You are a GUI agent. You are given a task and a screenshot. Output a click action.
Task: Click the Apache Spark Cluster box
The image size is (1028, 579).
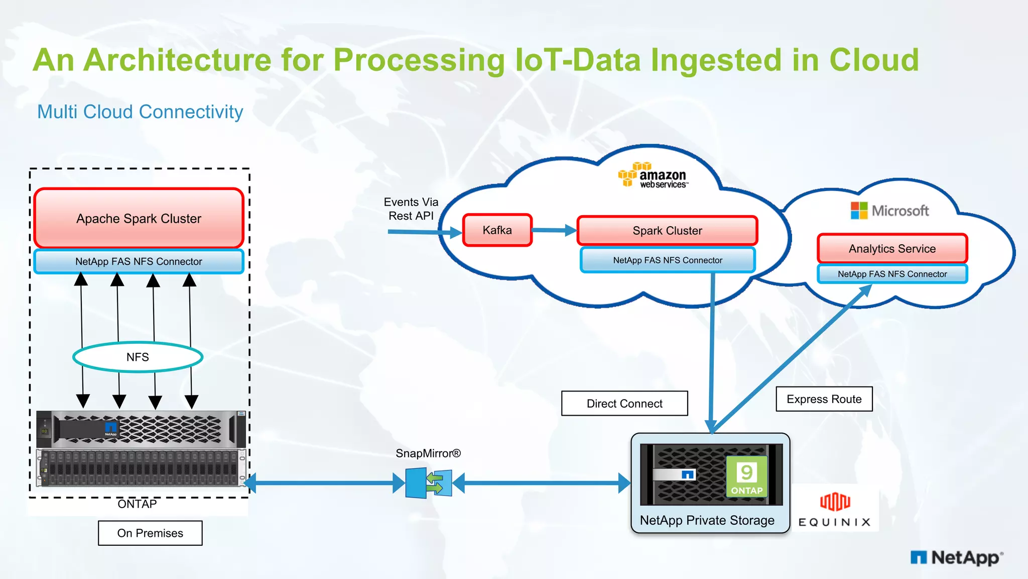tap(139, 218)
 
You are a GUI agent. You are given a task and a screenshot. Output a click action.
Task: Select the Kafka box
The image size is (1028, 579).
tap(497, 230)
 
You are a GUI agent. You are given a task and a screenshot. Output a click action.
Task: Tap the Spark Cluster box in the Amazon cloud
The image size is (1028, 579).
tap(667, 231)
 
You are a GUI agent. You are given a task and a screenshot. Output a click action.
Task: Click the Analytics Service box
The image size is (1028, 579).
tap(892, 248)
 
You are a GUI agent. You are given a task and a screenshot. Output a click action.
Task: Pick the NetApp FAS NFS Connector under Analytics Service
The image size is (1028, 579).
tap(892, 274)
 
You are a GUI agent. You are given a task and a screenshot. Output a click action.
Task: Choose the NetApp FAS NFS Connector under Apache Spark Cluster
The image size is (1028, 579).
tap(139, 261)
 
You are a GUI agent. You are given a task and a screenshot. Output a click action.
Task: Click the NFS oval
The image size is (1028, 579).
tap(138, 357)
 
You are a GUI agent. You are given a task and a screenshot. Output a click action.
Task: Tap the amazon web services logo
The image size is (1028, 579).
tap(653, 175)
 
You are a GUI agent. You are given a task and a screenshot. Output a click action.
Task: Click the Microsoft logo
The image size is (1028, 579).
tap(889, 211)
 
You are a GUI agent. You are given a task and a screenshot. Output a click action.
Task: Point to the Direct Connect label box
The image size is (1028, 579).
tap(624, 404)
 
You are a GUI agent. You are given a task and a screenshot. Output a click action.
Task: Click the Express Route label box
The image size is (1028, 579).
tap(824, 399)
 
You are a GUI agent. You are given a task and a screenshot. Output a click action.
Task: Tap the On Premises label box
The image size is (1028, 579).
tap(150, 533)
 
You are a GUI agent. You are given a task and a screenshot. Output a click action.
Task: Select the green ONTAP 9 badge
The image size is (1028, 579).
tap(746, 476)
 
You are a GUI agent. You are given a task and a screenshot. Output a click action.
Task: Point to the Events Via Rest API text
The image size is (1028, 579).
tap(411, 209)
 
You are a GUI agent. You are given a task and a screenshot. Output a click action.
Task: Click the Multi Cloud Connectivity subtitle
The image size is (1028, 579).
tap(140, 112)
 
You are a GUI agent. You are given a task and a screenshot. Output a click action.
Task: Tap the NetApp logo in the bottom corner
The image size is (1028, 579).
tap(956, 557)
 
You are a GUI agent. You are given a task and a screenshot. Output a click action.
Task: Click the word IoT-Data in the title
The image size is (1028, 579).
tap(578, 60)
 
